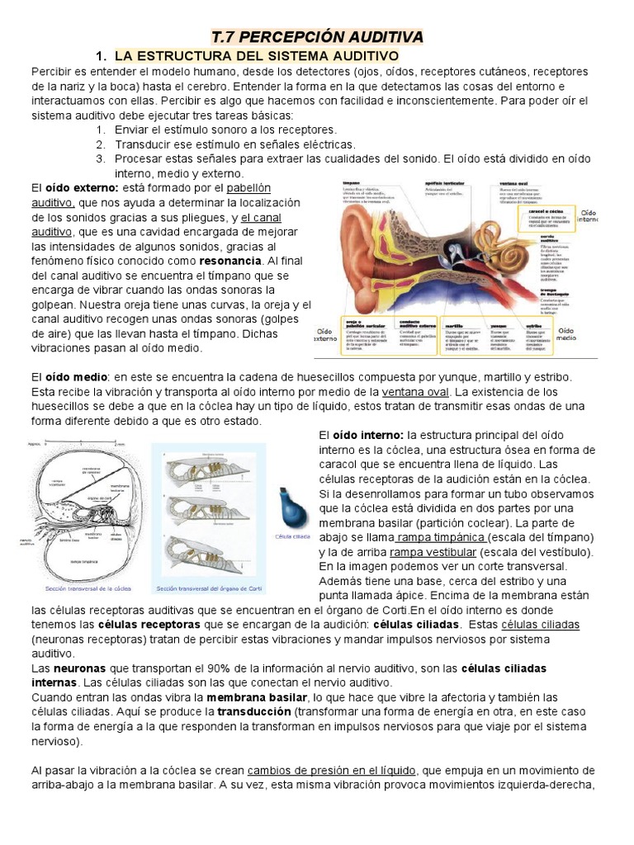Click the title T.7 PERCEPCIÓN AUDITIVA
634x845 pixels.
pos(317,37)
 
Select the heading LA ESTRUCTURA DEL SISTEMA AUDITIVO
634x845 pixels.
pos(257,56)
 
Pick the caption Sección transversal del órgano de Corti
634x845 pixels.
pos(208,589)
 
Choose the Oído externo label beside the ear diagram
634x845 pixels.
pos(327,333)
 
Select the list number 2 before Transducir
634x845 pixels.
pos(100,144)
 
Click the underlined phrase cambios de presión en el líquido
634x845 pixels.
pos(339,771)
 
